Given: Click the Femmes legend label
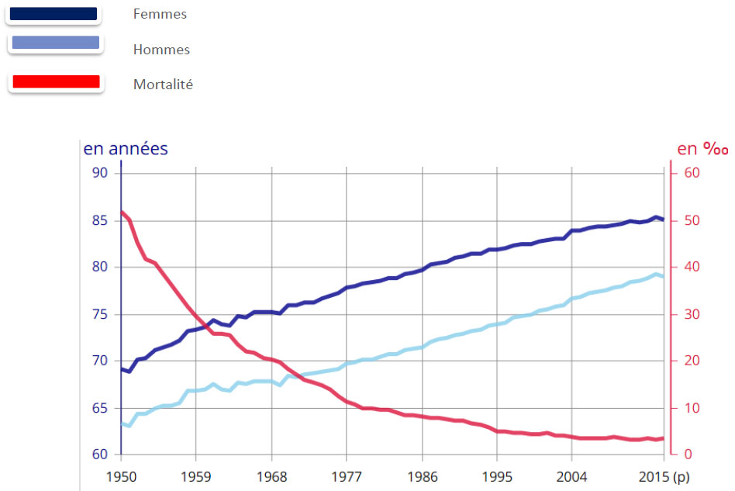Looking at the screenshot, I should (x=160, y=14).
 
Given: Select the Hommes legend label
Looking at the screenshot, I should (x=161, y=50).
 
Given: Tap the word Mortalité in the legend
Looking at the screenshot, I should (x=163, y=85).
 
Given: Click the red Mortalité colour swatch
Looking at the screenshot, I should (x=55, y=81).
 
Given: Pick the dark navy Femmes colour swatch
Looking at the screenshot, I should (x=53, y=13).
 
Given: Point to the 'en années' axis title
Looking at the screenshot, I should (x=126, y=149).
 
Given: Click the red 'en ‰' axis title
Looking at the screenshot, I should (x=702, y=149).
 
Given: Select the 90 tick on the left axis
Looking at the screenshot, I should (x=100, y=173).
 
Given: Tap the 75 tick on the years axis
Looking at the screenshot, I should (x=100, y=314).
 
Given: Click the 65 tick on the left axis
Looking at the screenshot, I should (x=100, y=408).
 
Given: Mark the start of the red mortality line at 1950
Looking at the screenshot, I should (x=122, y=212).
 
